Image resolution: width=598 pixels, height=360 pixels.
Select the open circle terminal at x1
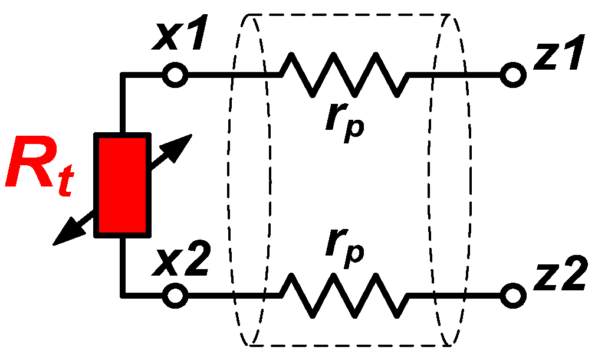tap(176, 76)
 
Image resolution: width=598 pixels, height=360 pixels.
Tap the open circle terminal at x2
tap(176, 293)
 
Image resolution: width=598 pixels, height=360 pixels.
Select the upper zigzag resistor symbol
tap(344, 76)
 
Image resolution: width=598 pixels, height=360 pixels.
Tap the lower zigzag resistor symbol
tap(344, 293)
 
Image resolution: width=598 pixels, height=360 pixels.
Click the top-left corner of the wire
tap(122, 76)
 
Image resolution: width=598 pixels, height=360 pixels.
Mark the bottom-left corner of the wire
tap(122, 293)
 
